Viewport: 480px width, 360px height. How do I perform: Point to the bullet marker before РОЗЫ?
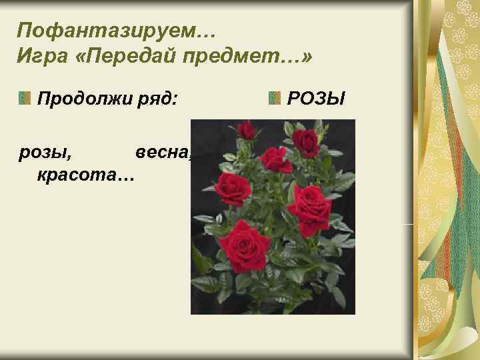274,99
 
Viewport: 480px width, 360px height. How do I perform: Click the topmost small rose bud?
247,131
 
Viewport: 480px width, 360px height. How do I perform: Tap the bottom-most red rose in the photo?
244,243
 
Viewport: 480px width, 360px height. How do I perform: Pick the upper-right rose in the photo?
306,141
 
